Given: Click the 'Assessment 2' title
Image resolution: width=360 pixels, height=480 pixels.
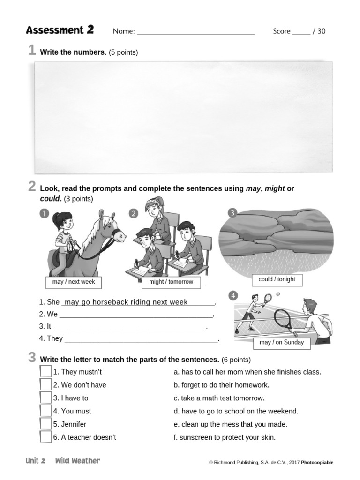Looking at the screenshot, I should click(60, 30).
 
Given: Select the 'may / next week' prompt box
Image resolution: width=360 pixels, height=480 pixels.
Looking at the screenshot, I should click(74, 282).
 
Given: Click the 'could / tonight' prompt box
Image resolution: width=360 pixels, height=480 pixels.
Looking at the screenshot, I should click(277, 279).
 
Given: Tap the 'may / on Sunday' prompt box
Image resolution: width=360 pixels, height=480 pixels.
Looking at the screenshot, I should click(281, 342).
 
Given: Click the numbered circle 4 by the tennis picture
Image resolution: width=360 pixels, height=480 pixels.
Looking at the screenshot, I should click(233, 295).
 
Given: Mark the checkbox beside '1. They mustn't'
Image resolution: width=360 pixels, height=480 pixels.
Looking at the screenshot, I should click(45, 372).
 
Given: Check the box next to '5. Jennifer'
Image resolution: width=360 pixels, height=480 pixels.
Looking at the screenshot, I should click(45, 424).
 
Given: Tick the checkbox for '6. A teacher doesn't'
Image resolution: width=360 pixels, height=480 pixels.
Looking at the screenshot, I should click(45, 437).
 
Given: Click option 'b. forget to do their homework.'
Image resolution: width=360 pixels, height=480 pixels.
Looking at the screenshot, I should click(221, 385).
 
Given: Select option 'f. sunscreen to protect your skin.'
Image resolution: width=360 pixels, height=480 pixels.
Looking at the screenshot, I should click(225, 437).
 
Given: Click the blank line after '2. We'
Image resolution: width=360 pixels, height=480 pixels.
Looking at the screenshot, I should click(136, 315).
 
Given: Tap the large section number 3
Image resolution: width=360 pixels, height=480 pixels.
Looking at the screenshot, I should click(32, 358).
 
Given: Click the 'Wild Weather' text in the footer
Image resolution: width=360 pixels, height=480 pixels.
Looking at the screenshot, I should click(77, 461).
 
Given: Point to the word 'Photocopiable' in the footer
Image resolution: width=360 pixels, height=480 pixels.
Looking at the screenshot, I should click(317, 463).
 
